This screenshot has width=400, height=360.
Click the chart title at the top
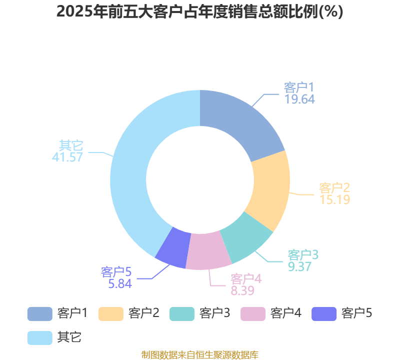(x=199, y=11)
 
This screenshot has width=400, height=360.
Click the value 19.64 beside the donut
(x=299, y=99)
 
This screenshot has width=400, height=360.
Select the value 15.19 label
(x=334, y=199)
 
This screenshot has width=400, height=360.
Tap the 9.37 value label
(x=299, y=266)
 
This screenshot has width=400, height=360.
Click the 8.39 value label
(x=242, y=290)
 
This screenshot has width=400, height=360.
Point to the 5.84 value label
(x=120, y=283)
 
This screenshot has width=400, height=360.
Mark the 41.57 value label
(x=67, y=157)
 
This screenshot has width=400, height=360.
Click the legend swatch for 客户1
(x=40, y=314)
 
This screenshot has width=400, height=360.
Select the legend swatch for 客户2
(x=111, y=314)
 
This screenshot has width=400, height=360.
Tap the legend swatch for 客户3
(x=182, y=314)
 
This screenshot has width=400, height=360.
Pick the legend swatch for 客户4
(x=253, y=314)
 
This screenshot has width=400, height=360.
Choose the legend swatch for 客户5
(x=324, y=314)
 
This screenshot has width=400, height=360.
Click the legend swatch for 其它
(x=40, y=338)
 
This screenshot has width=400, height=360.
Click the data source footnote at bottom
(x=200, y=355)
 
